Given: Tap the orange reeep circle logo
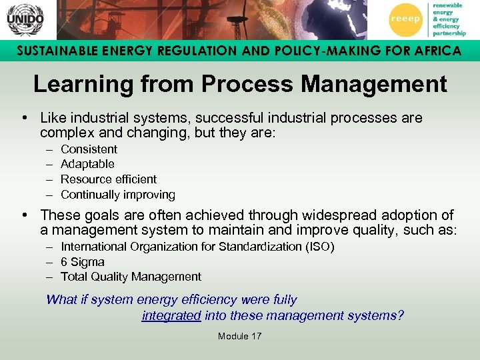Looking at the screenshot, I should (x=405, y=19).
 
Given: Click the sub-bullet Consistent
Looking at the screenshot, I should (x=89, y=149).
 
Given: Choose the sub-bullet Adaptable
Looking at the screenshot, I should (x=87, y=164).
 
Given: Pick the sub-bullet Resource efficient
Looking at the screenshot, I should (x=109, y=179).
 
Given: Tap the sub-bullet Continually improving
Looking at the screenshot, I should (x=118, y=195).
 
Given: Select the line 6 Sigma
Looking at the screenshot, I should (x=83, y=262).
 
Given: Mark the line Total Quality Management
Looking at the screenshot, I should (x=131, y=277).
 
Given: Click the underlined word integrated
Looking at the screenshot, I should (x=171, y=315).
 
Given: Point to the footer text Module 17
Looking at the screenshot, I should (x=239, y=336).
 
